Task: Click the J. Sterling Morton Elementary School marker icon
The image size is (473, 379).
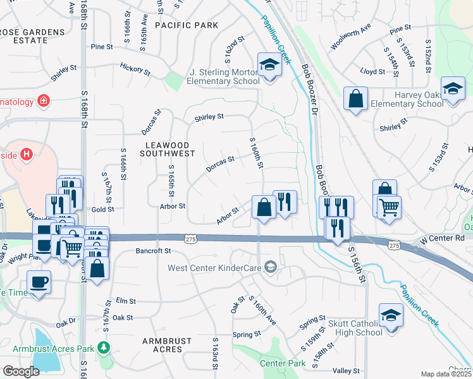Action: coord(269,65)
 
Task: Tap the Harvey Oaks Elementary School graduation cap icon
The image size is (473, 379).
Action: coord(453,89)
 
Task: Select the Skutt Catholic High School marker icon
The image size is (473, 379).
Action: coord(391,316)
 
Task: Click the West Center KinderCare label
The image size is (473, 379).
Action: coord(215,268)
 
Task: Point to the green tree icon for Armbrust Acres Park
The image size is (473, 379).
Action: coord(103,348)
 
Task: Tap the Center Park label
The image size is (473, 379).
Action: coord(283,363)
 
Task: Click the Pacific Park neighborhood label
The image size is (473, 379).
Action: coord(187,25)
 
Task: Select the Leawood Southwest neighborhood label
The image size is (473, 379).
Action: coord(168,149)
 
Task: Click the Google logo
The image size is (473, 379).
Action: coord(20,371)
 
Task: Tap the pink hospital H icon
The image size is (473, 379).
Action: coord(26,153)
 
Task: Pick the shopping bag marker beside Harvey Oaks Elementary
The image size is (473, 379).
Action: coord(355,99)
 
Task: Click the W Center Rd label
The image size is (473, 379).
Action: coord(442,238)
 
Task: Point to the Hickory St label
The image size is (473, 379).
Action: coord(135,68)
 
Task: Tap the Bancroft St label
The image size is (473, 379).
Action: coord(154,251)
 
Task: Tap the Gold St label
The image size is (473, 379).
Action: coord(102,208)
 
